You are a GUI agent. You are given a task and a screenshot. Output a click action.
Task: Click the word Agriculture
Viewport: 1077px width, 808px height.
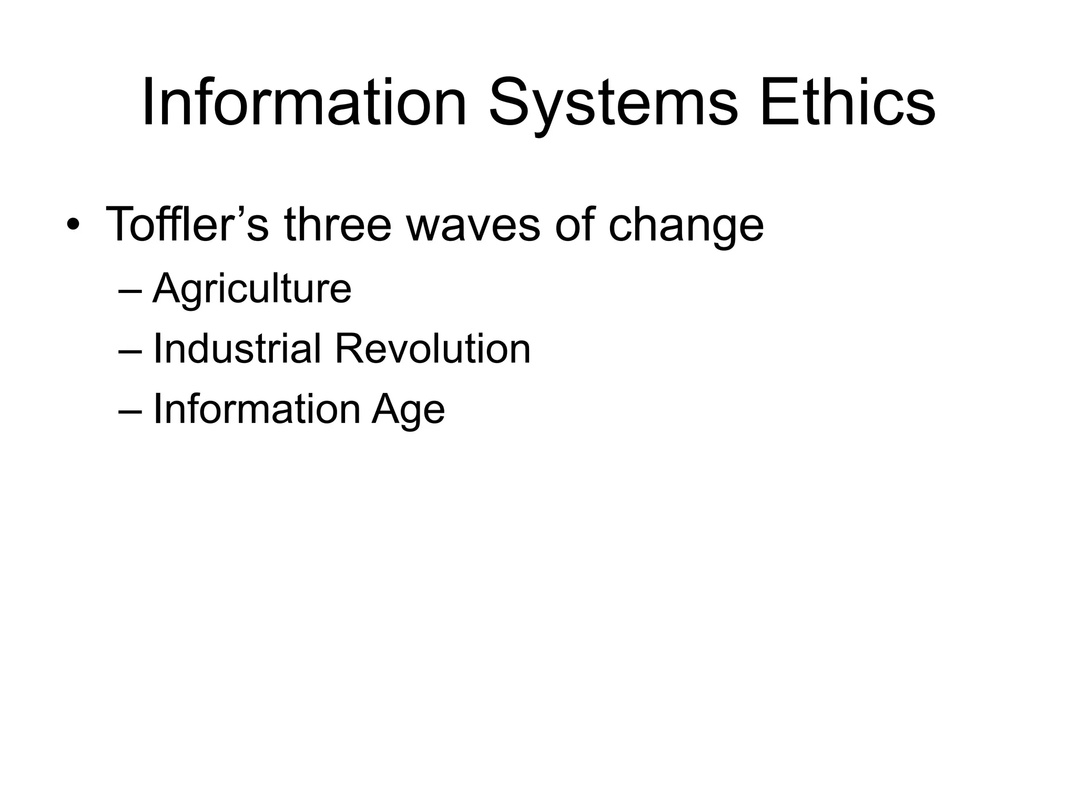point(251,289)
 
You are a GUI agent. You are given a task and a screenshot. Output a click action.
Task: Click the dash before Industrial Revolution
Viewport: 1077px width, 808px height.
point(130,351)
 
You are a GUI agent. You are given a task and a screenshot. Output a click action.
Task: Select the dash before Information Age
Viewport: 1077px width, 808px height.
point(130,411)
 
